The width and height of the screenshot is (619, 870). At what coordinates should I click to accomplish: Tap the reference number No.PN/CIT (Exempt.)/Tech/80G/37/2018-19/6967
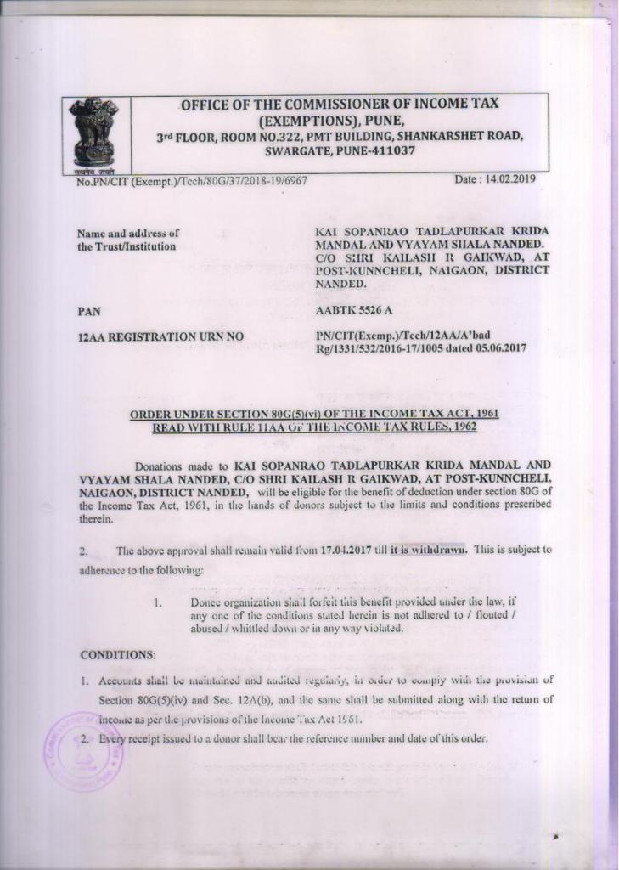(x=192, y=181)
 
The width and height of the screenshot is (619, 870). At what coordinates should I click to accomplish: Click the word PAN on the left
(x=88, y=312)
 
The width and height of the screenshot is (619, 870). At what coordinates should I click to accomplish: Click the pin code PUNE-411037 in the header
(x=375, y=150)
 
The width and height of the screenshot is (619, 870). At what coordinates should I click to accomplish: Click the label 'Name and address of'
(x=127, y=233)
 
